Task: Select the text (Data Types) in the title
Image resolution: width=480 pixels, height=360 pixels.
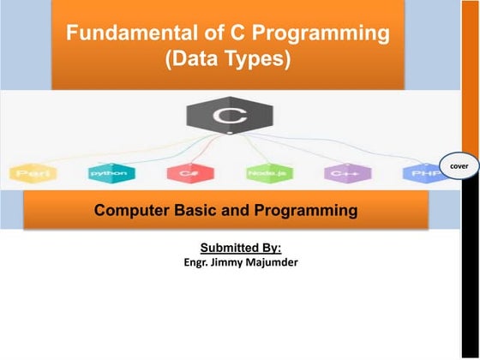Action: [x=227, y=60]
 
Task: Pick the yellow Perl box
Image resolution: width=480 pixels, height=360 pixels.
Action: [x=33, y=174]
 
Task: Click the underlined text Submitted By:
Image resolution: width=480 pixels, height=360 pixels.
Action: [x=228, y=248]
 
